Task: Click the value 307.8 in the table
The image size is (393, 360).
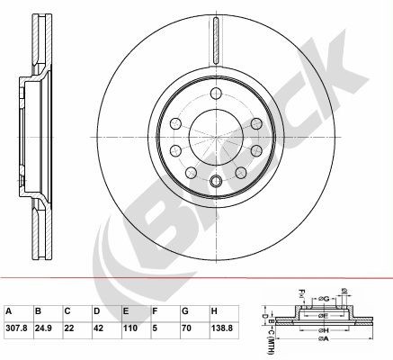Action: point(16,328)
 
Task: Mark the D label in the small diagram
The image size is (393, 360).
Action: point(261,318)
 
